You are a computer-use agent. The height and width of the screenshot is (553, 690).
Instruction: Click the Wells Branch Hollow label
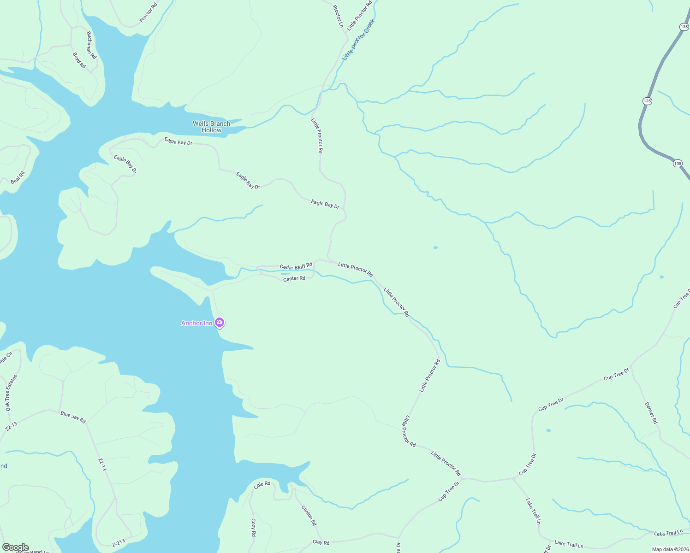tap(211, 127)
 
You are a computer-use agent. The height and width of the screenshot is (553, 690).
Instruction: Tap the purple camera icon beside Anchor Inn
tap(220, 322)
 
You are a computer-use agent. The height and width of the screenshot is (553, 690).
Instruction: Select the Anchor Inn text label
tap(196, 323)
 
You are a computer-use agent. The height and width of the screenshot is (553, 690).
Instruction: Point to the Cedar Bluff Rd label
tap(296, 266)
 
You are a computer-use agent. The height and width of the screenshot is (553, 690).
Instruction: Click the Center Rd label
tap(294, 278)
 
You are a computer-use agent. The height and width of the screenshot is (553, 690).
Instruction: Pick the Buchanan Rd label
tap(91, 45)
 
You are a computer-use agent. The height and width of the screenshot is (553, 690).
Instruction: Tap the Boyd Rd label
tap(79, 60)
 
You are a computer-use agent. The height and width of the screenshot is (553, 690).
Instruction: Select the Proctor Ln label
tap(339, 17)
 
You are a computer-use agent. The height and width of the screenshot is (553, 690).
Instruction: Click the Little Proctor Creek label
tap(359, 40)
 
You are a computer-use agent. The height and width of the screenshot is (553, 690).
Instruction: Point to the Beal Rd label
tap(18, 177)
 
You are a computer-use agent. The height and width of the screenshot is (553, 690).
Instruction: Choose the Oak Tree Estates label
tap(11, 393)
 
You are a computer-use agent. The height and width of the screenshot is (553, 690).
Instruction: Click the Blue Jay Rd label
tap(73, 417)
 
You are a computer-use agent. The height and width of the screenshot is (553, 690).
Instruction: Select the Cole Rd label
tap(262, 484)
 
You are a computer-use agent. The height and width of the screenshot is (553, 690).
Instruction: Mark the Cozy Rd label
tap(253, 527)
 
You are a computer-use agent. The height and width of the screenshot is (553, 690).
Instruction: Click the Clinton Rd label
tap(309, 516)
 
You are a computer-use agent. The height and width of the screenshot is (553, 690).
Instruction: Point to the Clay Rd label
tap(321, 542)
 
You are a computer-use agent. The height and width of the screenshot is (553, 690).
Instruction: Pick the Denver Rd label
tap(651, 413)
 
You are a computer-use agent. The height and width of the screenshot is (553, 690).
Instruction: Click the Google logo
tap(15, 547)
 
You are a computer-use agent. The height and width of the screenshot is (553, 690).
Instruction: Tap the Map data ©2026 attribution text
tap(670, 549)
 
